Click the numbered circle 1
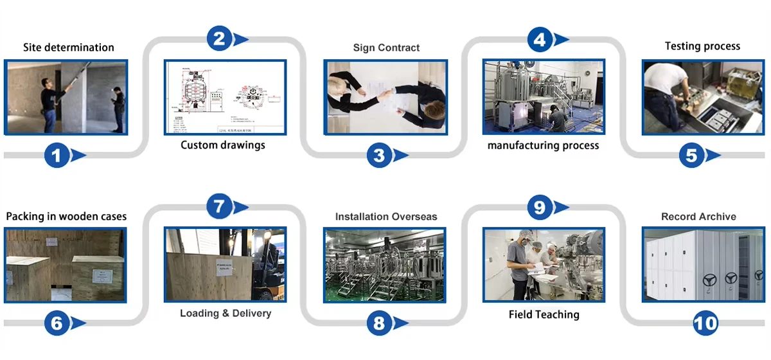(56, 155)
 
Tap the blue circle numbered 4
(540, 40)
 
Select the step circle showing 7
(218, 207)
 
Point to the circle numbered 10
(705, 323)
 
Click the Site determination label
(68, 48)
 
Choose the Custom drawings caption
(223, 145)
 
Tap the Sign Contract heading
(386, 48)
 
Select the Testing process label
(702, 46)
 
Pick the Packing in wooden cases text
(66, 216)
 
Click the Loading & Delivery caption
(226, 314)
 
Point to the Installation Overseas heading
(386, 217)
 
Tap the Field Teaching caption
(544, 314)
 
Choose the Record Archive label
(698, 217)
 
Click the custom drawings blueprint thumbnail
(226, 98)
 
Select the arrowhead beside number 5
(713, 156)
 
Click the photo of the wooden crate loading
(226, 264)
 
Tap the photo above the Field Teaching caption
(544, 264)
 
